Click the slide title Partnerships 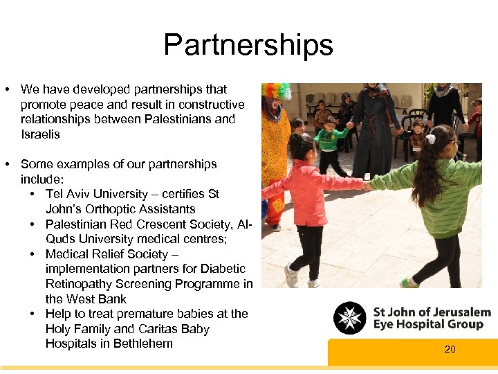click(248, 45)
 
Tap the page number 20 click(450, 350)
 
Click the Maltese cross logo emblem click(349, 318)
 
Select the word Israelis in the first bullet click(40, 134)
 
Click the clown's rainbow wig click(276, 91)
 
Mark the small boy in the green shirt click(331, 142)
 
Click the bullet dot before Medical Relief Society click(33, 254)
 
